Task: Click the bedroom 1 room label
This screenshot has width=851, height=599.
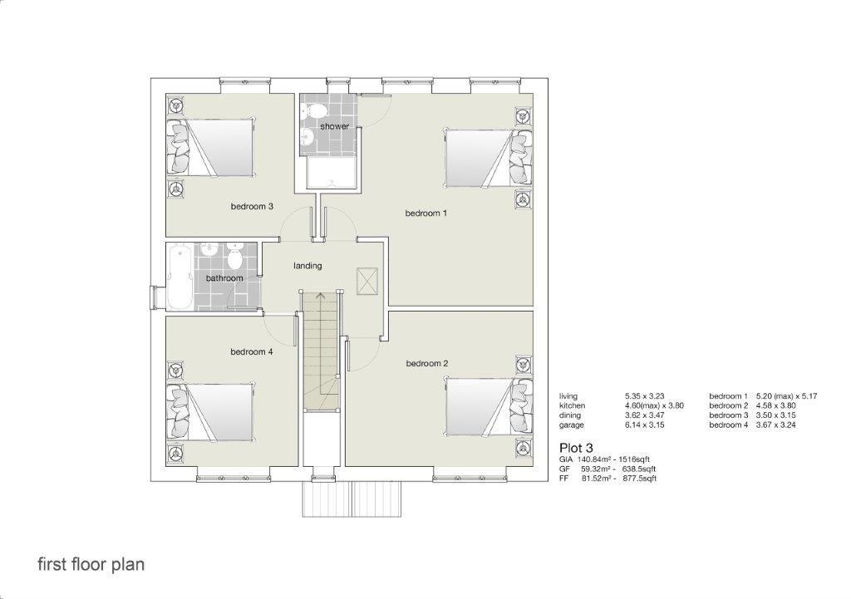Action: pos(426,214)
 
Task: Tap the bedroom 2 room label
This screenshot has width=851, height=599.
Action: pos(427,363)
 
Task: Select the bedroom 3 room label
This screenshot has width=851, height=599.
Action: pos(252,206)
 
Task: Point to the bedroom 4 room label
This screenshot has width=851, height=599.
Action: pos(252,351)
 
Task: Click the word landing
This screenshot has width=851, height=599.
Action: pos(307,266)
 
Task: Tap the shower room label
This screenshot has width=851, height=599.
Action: pos(334,126)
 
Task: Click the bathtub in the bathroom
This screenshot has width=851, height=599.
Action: pos(180,277)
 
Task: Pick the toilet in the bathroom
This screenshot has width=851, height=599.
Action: pos(235,258)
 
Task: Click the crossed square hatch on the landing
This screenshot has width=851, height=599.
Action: pos(366,281)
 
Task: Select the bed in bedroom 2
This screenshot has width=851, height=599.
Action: pos(489,406)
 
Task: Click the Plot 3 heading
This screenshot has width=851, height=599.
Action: pos(576,448)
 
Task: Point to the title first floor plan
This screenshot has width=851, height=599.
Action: pos(91,564)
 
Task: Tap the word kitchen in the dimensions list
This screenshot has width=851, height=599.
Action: pos(572,405)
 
